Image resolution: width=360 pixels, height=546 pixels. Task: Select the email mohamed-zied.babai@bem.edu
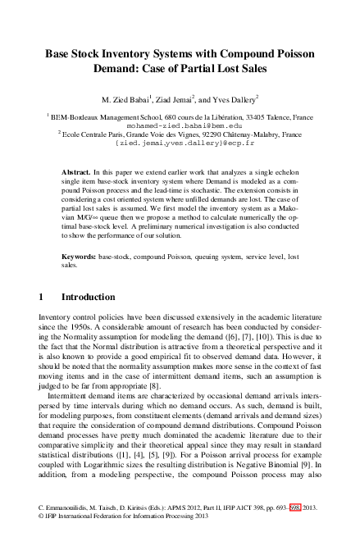coord(179,126)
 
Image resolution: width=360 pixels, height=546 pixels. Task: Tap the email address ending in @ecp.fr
coord(180,143)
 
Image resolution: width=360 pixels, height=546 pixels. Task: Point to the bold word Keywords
coord(80,257)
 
